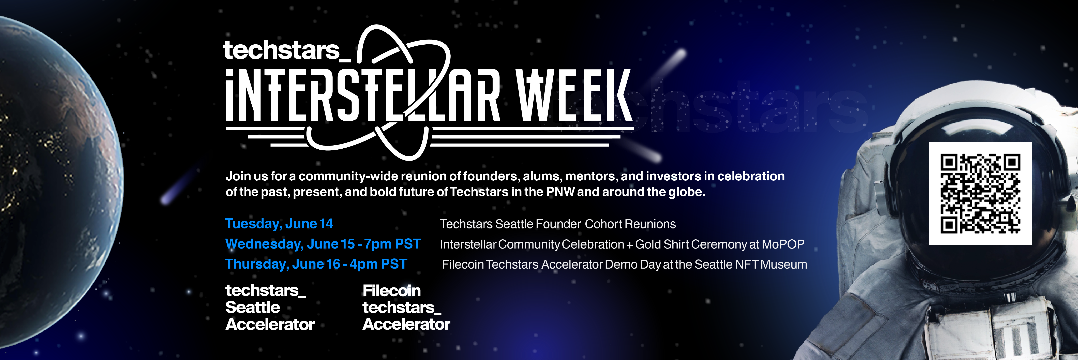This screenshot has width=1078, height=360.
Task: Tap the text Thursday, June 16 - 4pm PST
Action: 316,264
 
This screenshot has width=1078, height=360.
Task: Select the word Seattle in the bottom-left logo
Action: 252,307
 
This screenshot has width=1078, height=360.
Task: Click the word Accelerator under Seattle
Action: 270,324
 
